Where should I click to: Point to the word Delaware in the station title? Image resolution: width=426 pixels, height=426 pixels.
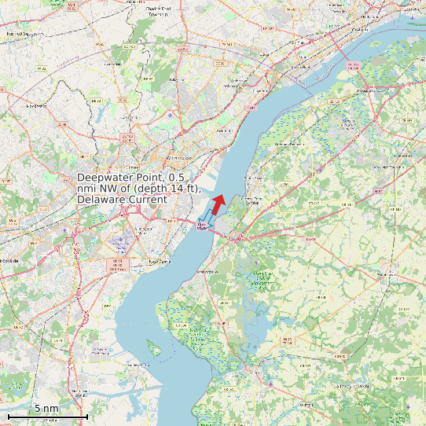pos(100,200)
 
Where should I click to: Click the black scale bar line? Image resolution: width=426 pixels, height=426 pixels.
pos(47,415)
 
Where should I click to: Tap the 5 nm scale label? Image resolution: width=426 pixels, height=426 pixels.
pos(46,408)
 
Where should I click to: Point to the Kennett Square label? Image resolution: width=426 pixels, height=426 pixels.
pos(22,34)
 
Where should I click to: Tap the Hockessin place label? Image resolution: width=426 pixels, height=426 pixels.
pos(37,105)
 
